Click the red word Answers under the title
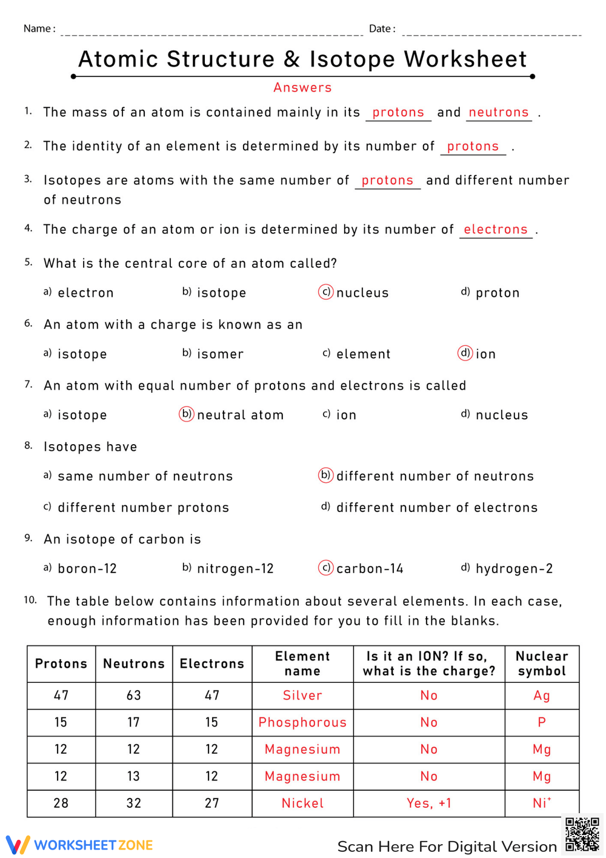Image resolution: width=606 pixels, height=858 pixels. (x=302, y=87)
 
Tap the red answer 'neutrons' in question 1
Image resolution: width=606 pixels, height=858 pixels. (x=499, y=112)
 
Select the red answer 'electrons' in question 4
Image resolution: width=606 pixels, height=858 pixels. (x=496, y=229)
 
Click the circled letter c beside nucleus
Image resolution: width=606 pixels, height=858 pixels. (x=326, y=292)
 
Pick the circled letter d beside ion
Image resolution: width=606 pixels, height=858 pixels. (x=465, y=353)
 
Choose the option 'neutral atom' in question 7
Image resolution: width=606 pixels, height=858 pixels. (x=240, y=415)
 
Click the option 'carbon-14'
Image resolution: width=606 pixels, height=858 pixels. (x=370, y=568)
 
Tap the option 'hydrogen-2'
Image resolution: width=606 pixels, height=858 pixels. (x=514, y=568)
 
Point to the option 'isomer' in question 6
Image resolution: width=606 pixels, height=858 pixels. (x=220, y=354)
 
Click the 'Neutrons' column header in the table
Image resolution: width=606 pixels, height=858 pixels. (x=134, y=663)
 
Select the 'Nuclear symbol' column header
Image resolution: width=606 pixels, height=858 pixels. (x=542, y=663)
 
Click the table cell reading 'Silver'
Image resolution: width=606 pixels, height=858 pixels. (x=302, y=696)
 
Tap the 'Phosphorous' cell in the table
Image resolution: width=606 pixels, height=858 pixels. (x=302, y=722)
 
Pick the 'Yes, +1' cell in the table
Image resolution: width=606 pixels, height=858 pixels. (x=429, y=803)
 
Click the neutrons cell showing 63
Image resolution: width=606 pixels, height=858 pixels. (x=134, y=696)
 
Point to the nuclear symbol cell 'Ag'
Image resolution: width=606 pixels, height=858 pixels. (x=542, y=696)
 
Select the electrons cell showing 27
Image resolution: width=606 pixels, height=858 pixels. (x=211, y=803)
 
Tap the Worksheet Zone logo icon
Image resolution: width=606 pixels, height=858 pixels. (x=18, y=845)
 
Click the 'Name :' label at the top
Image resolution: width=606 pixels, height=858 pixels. (x=39, y=28)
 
